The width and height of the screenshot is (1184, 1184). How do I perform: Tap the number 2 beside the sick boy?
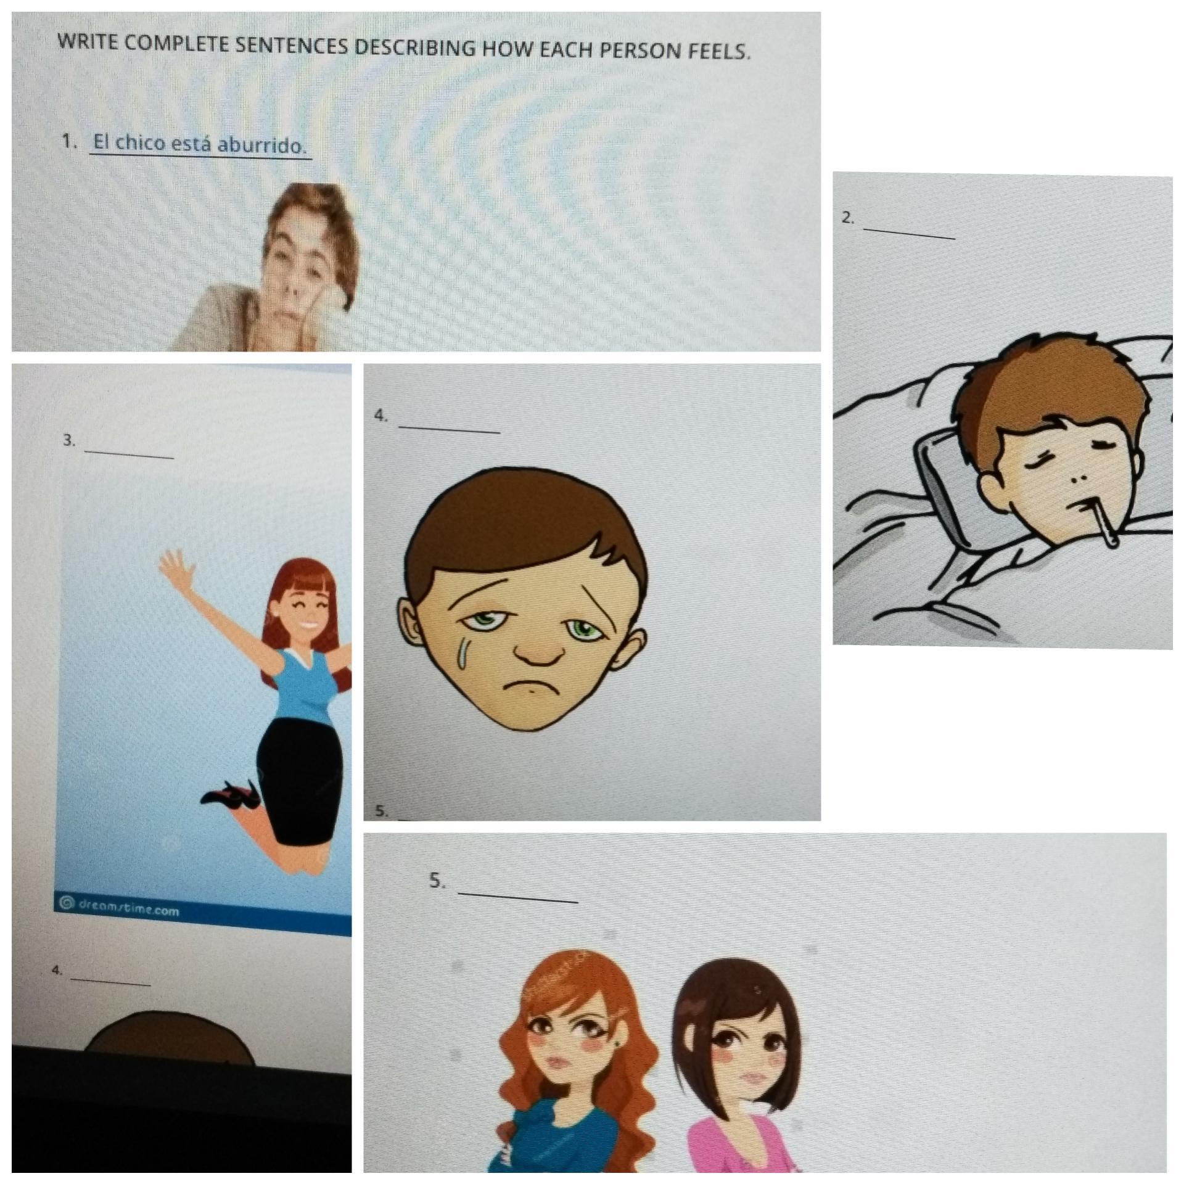[x=848, y=218]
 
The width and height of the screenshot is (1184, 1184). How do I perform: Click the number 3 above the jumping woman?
[x=68, y=440]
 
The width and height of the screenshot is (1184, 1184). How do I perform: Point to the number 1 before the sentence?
[x=69, y=142]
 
